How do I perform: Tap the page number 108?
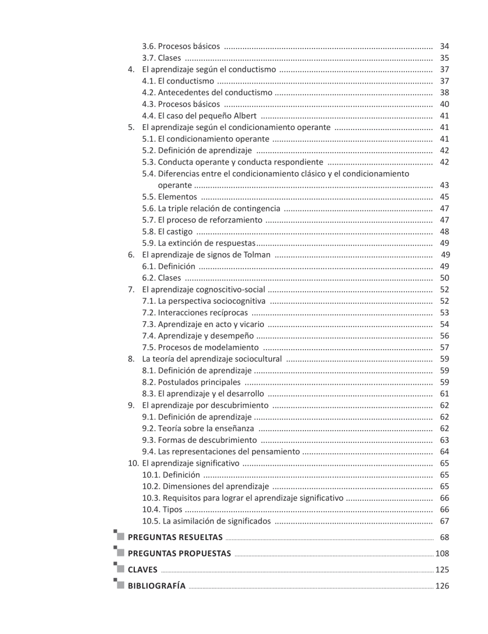pos(442,554)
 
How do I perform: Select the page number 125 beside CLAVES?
pos(442,570)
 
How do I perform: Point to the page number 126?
pos(442,585)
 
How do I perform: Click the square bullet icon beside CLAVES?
pos(120,568)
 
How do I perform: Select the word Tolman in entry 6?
pos(256,255)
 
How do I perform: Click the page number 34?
pos(444,46)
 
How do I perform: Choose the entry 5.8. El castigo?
pos(167,231)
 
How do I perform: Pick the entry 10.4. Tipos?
pos(162,509)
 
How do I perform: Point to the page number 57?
pos(444,347)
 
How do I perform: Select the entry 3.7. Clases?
pos(161,58)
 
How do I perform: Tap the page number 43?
pos(444,185)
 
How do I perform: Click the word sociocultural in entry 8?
pos(257,359)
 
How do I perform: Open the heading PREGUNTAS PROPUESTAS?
pos(179,554)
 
